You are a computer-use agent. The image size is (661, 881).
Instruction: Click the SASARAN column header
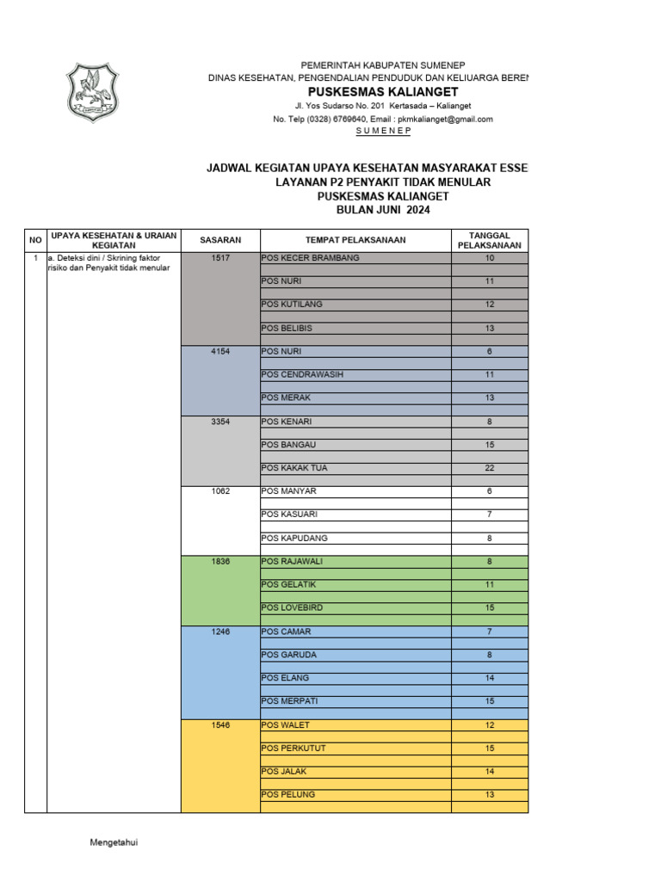click(220, 240)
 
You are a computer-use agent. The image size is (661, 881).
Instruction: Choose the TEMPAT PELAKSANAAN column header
click(355, 240)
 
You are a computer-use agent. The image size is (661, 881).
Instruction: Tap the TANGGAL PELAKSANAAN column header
click(489, 240)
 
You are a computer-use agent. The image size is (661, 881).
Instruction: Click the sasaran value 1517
click(220, 258)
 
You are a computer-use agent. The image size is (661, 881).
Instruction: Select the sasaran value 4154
click(220, 352)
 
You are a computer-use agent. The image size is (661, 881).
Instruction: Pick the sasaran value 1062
click(220, 491)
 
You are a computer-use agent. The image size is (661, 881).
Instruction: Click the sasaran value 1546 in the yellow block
click(220, 725)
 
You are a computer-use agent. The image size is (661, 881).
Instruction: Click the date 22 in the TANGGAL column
click(489, 468)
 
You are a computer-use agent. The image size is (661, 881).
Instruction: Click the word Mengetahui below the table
click(114, 842)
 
